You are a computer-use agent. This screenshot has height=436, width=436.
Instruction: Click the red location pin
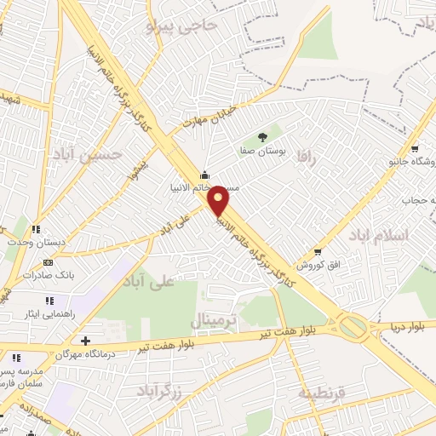click(x=220, y=200)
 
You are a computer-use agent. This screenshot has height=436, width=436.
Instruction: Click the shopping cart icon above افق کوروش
click(x=317, y=251)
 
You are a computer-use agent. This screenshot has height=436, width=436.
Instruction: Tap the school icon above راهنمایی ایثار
click(x=49, y=300)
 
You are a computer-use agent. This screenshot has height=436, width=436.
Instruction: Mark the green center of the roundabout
click(x=352, y=325)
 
